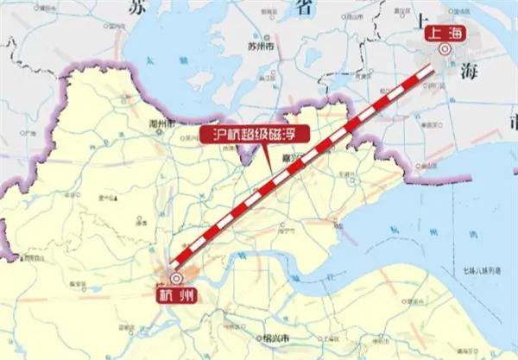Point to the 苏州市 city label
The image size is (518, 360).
click(258, 45)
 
